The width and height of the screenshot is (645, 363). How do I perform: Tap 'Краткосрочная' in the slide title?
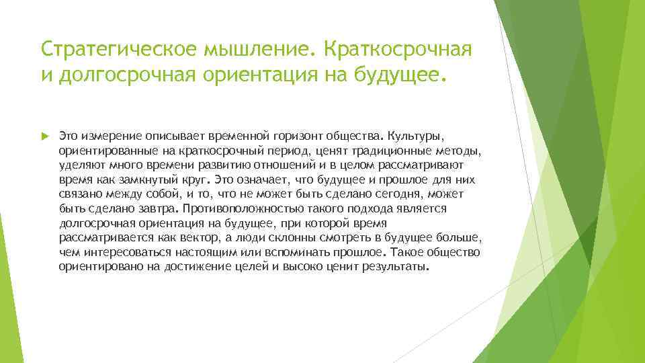pos(399,50)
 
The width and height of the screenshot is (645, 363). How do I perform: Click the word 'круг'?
pos(196,180)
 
